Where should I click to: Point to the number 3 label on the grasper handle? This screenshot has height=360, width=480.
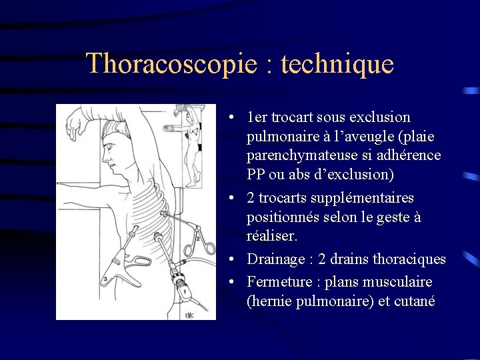pyautogui.click(x=105, y=278)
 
